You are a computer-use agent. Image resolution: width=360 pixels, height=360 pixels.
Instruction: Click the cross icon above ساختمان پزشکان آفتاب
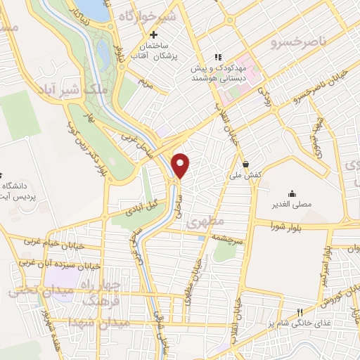coord(153,34)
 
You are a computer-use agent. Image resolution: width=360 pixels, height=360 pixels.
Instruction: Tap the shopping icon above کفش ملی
coord(245,161)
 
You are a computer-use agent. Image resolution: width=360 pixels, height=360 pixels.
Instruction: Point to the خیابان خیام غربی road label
coord(53,242)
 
